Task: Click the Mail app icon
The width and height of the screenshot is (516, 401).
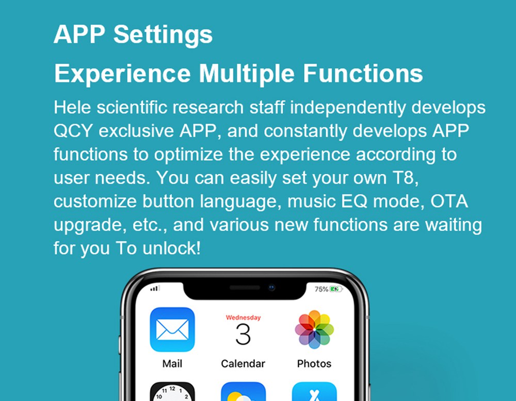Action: click(x=172, y=329)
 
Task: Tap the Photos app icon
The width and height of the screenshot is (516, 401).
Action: click(x=314, y=329)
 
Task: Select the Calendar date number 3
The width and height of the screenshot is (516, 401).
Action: click(x=243, y=335)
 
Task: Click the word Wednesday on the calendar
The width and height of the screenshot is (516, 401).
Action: click(x=243, y=318)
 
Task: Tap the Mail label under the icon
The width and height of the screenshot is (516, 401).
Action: click(x=172, y=363)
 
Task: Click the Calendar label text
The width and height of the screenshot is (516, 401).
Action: click(x=243, y=363)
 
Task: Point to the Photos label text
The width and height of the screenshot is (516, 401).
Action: click(x=314, y=363)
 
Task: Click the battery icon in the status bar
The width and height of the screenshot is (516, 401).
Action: click(x=336, y=289)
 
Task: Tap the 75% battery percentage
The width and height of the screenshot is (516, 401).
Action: click(x=321, y=289)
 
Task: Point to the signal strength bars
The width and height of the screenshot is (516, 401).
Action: click(x=155, y=289)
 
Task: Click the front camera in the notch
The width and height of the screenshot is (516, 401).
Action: click(x=271, y=287)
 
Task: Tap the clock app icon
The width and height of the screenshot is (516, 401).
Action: click(x=172, y=392)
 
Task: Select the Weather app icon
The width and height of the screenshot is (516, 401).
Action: click(x=243, y=392)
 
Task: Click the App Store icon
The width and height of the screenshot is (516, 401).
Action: click(x=314, y=392)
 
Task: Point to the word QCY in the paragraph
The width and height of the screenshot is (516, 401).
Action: click(x=73, y=131)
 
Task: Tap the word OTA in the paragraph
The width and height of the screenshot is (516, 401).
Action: click(x=449, y=201)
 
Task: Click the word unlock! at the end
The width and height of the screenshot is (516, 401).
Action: click(x=171, y=248)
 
